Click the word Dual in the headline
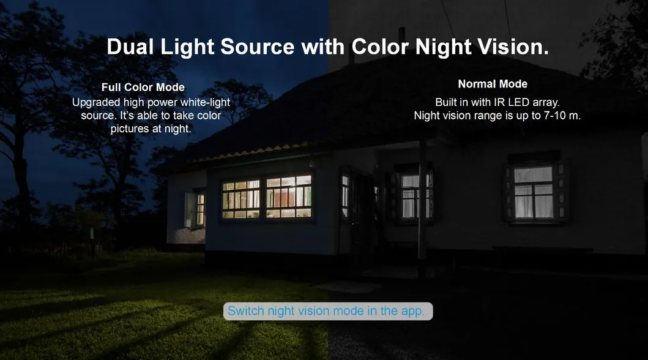130,47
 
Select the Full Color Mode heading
143,87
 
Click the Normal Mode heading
493,84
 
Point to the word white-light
205,102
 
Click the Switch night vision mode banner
328,311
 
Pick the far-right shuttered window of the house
534,192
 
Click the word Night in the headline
443,47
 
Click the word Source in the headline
257,47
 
